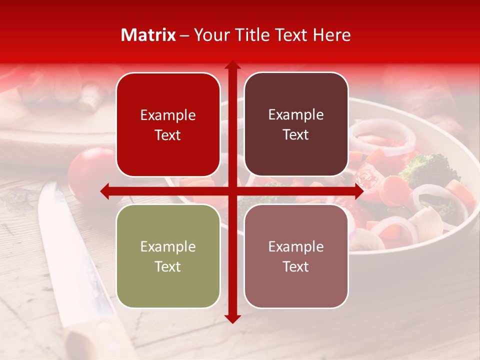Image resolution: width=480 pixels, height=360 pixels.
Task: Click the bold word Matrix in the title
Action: [148, 35]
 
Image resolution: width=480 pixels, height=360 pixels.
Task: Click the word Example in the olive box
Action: [168, 246]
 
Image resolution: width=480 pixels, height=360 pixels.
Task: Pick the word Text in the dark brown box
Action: [296, 135]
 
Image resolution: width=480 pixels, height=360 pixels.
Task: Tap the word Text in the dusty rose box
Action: [296, 266]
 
